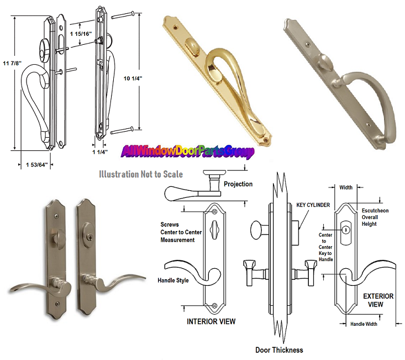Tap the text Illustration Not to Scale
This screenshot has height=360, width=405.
(x=141, y=174)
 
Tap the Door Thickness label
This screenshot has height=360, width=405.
(x=279, y=349)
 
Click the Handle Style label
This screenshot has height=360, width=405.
(x=173, y=280)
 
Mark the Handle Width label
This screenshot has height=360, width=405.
(x=364, y=324)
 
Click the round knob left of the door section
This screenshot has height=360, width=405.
(x=257, y=229)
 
